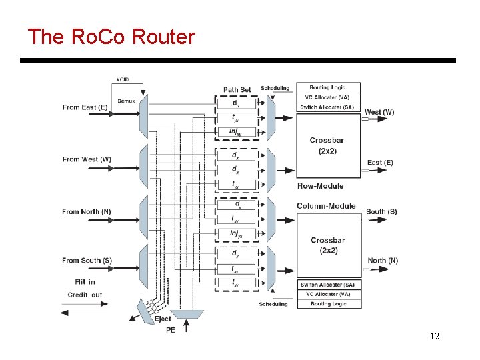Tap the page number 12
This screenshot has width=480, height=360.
435,336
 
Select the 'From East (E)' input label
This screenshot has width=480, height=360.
85,107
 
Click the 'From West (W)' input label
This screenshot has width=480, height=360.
86,159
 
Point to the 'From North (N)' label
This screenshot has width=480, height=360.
87,212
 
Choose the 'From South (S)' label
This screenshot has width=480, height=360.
87,261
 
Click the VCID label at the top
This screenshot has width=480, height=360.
123,79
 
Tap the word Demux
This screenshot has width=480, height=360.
126,101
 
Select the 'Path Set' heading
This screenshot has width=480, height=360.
237,90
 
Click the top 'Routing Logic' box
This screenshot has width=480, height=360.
329,87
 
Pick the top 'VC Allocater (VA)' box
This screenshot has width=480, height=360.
329,97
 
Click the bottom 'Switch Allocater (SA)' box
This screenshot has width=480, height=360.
329,285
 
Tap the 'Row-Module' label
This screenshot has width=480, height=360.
320,186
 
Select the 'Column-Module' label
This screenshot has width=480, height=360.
326,206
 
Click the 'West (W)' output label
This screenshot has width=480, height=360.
379,112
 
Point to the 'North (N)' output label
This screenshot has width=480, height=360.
383,261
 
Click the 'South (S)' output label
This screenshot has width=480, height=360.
381,212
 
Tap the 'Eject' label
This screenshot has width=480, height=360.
163,319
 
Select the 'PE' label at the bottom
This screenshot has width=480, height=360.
170,330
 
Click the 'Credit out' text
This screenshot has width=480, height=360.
85,295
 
